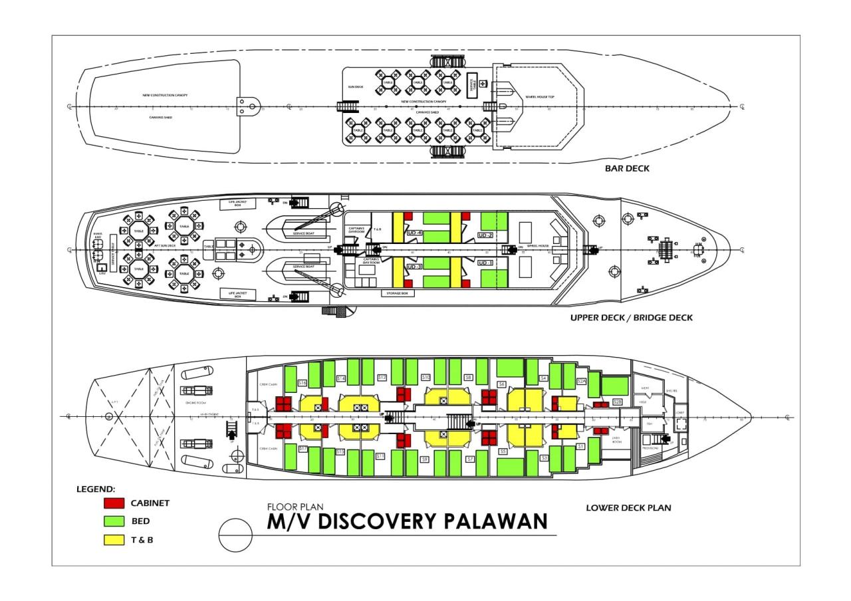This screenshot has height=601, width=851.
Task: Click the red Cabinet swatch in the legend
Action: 114,503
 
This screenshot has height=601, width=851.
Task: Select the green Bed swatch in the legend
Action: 114,521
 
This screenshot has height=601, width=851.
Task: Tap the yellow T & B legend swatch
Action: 114,539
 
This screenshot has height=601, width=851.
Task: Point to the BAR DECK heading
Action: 627,168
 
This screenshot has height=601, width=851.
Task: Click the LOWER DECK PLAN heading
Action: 628,508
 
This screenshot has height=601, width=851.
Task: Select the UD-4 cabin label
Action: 414,233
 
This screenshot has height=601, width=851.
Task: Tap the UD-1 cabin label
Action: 485,263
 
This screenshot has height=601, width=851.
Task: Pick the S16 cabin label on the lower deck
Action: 302,383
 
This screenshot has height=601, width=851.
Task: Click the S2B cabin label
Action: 618,402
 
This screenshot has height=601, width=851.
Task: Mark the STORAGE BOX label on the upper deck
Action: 398,293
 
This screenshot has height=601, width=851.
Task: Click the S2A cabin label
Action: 580,381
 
